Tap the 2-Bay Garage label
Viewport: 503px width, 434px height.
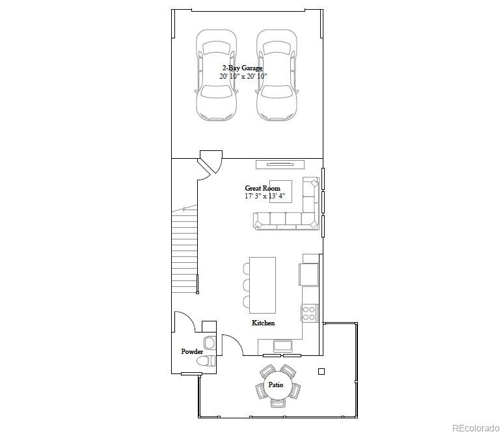242,68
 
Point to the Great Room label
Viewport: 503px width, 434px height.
262,188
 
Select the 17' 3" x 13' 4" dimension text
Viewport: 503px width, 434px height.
265,196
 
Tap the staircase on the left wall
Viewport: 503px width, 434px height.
185,251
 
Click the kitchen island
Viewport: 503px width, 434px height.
262,285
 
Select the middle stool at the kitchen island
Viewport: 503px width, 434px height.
247,285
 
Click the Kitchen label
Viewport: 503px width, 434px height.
263,323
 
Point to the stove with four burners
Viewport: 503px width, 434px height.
309,313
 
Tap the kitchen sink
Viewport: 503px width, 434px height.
283,345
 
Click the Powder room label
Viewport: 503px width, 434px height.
192,352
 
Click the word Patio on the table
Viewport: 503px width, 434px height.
276,385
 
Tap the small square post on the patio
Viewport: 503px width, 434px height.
321,372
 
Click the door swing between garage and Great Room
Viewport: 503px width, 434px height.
210,164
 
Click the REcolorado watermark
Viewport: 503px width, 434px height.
476,427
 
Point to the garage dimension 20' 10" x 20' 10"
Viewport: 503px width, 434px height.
243,76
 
